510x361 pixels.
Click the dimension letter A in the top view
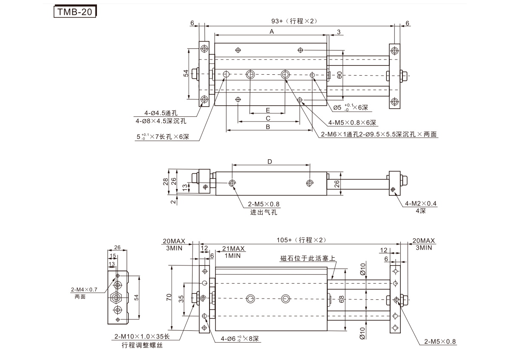(271, 31)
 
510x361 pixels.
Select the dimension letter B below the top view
(268, 127)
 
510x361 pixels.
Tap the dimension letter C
(268, 118)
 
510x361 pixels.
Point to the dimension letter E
(268, 110)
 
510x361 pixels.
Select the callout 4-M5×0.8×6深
(352, 123)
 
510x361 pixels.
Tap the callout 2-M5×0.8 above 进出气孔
(264, 204)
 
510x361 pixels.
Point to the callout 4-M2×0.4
(421, 203)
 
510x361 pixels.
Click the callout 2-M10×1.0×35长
(142, 337)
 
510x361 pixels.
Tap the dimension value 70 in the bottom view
(169, 296)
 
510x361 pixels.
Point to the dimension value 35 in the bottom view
(181, 299)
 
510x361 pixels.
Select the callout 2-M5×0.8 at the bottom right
(439, 341)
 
